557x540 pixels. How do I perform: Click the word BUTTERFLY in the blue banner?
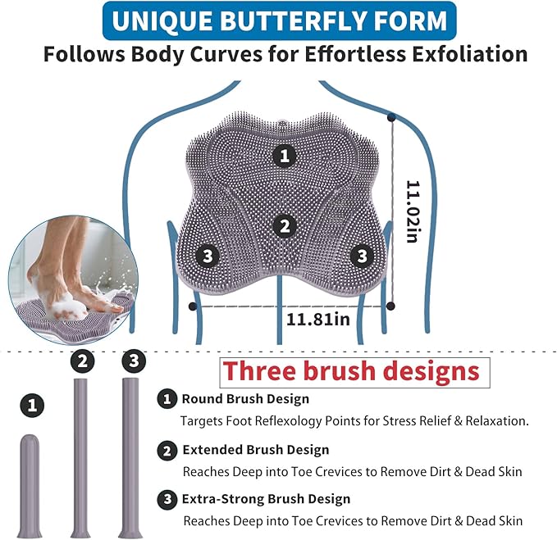294,20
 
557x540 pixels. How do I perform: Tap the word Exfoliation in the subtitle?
469,54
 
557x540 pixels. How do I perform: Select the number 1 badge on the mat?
285,156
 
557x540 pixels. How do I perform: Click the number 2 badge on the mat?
285,226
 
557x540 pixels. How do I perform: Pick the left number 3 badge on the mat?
208,256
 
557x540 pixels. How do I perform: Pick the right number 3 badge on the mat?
362,256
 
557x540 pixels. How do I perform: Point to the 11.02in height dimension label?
413,211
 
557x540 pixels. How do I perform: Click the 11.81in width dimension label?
318,320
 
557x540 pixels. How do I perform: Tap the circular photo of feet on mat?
73,280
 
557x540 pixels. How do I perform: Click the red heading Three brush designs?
351,370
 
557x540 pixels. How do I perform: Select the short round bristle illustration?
30,486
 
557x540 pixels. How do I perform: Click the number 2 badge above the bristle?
82,361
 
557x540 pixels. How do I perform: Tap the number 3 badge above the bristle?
134,361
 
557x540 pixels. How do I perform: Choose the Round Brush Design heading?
245,399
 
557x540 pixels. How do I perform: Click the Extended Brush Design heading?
256,450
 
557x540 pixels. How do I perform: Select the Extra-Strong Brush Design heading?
266,499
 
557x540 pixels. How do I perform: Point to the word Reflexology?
288,421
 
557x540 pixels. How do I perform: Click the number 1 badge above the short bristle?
32,405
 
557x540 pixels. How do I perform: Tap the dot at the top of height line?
391,116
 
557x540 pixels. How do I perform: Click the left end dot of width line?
193,306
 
